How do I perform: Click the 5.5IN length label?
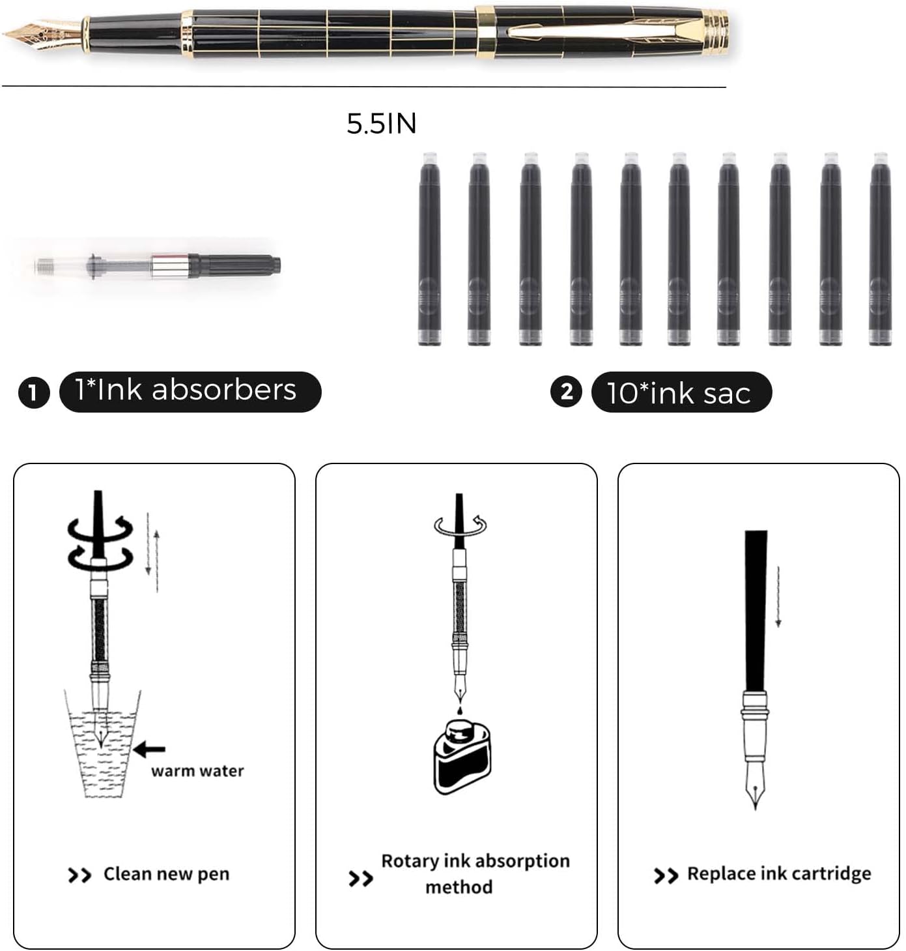[x=381, y=124]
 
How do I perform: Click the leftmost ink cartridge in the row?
[x=429, y=249]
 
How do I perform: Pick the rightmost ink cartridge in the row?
[x=879, y=249]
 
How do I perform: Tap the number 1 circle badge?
[x=34, y=392]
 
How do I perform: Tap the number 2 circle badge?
[x=566, y=392]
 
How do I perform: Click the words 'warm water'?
[x=197, y=771]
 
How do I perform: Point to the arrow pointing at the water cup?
[x=149, y=750]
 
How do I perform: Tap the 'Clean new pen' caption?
[x=166, y=873]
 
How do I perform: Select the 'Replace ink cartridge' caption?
[x=778, y=873]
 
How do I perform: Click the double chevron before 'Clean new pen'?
[x=79, y=875]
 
